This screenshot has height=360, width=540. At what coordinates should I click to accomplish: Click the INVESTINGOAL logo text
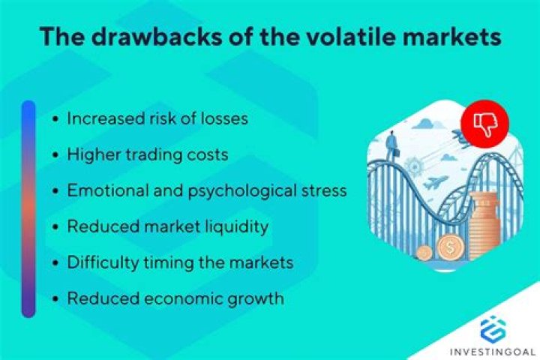tap(493, 349)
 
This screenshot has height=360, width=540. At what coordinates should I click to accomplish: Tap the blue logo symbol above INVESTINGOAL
tap(493, 327)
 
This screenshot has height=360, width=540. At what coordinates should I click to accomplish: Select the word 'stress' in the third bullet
tap(322, 190)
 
